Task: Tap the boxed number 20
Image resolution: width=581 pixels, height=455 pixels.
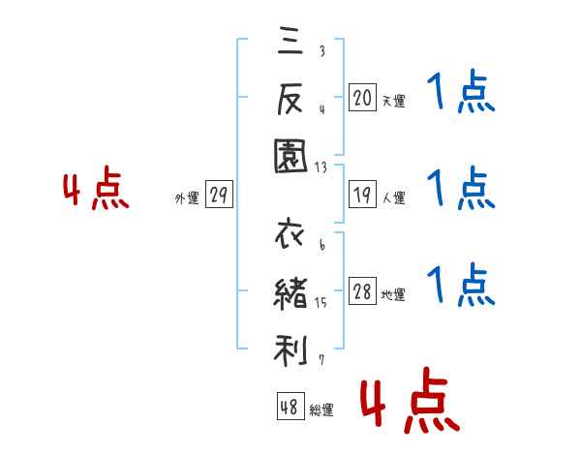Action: pos(362,97)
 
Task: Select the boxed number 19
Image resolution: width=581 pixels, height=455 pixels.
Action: pos(362,195)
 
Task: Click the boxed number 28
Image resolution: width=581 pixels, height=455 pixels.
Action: pos(362,292)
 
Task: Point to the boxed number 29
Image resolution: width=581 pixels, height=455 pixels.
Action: pos(218,196)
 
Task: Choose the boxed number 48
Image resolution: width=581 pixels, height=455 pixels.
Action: pos(290,407)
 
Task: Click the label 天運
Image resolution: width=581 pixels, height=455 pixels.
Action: pos(393,101)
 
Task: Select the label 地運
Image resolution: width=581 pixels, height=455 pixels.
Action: pos(393,295)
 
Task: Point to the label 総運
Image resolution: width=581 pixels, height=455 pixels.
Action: pos(321,410)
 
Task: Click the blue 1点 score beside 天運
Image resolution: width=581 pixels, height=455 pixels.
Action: pos(461,95)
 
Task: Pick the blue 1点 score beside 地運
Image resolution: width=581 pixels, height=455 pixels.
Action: pos(461,287)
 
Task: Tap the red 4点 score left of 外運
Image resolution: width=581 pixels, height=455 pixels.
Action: pos(96,191)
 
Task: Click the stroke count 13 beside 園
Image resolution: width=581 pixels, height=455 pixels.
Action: pos(321,167)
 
